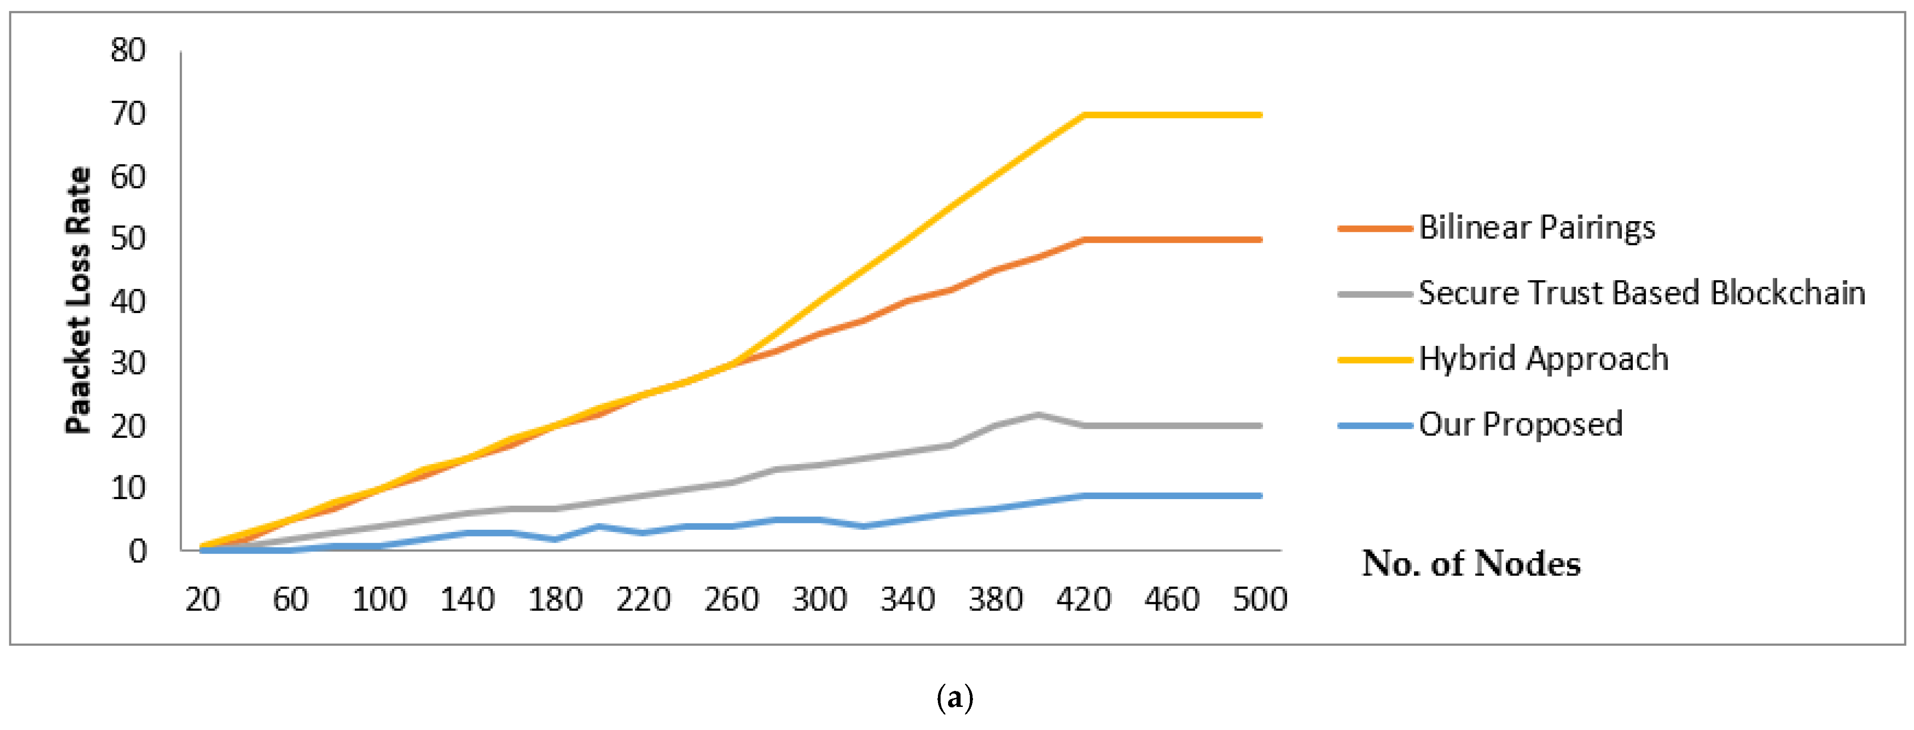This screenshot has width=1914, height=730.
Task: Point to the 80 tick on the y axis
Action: [x=128, y=51]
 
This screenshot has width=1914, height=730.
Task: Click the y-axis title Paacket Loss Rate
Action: [x=78, y=301]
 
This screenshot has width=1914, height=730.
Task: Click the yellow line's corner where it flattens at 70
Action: [x=1084, y=115]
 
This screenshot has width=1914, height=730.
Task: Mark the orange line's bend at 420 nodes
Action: [x=1084, y=240]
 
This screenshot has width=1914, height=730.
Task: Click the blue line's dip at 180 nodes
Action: [x=555, y=539]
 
